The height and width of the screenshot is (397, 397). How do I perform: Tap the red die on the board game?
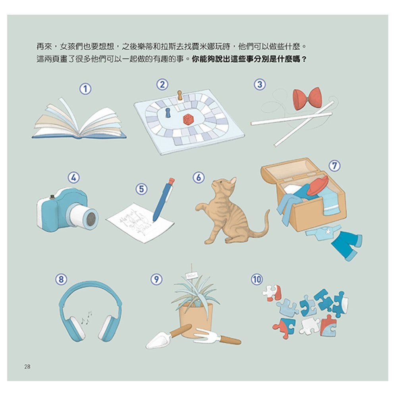point(188,119)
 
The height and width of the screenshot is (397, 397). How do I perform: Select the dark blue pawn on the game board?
point(167,113)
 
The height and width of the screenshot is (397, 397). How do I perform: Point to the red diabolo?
point(307,98)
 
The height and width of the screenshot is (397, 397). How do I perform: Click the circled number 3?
point(260,84)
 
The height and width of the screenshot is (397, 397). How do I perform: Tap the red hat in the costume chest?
point(318,186)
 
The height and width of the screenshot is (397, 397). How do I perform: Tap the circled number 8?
point(60,279)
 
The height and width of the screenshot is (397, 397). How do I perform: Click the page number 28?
point(27,366)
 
